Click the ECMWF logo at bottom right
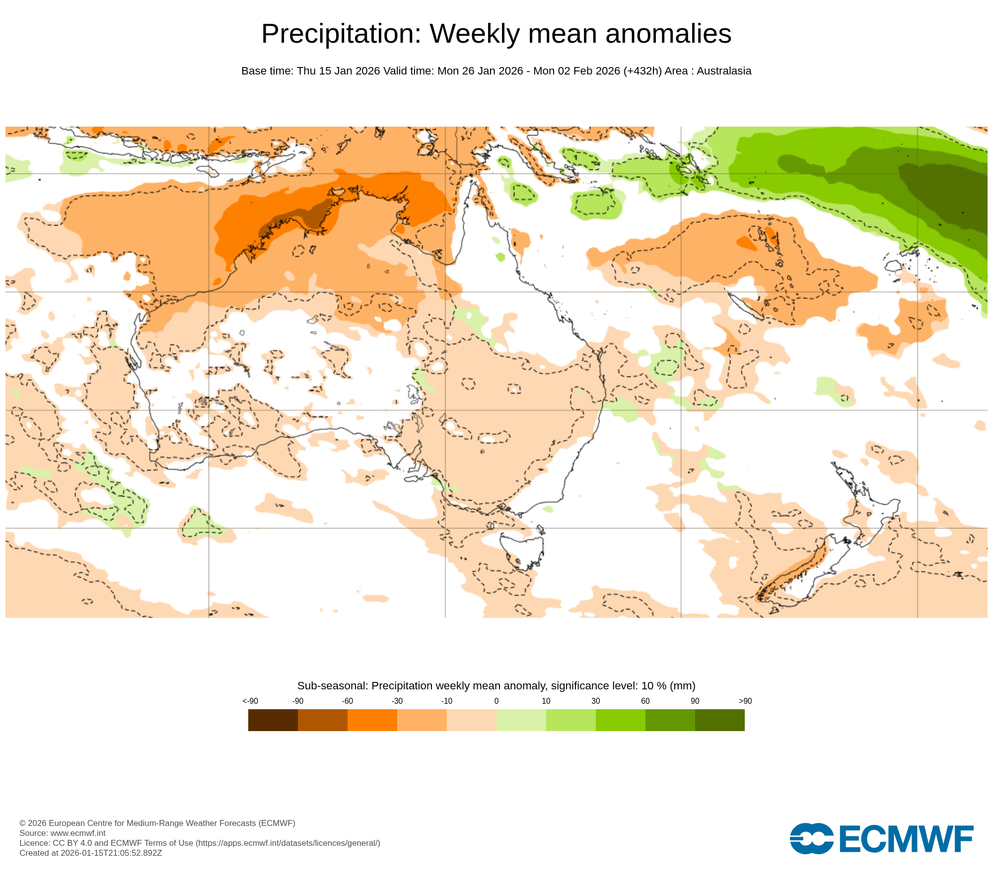(881, 839)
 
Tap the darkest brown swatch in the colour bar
(273, 720)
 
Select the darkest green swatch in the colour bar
(719, 720)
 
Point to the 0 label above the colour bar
(496, 701)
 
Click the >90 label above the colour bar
(745, 701)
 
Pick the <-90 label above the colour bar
(250, 701)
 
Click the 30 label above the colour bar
(595, 701)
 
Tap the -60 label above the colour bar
(347, 701)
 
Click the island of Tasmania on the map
(521, 549)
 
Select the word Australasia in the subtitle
(724, 71)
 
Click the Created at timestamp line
(90, 853)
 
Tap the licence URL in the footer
(288, 843)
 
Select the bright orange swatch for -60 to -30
(372, 720)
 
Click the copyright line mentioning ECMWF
(157, 823)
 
